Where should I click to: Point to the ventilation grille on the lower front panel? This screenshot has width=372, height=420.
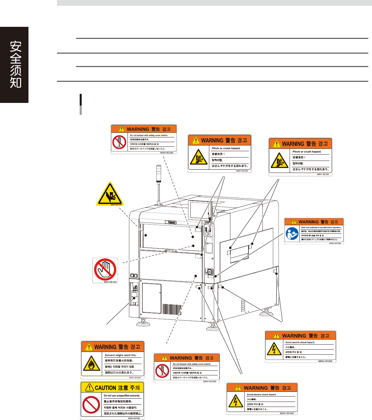point(172,309)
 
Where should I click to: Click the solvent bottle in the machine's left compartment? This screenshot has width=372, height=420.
point(134,296)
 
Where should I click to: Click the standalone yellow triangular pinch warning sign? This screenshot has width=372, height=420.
point(110,194)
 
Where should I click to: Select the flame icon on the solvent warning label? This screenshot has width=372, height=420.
point(92,364)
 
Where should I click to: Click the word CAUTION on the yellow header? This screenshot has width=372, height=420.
point(105,388)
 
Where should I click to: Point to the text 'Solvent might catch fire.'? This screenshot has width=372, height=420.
point(121,355)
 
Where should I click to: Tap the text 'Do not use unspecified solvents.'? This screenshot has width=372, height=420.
point(122,396)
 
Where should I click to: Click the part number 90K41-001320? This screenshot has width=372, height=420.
point(110,282)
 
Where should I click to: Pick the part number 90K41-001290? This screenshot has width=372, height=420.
point(335,243)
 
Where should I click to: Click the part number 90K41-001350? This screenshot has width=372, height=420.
point(134,418)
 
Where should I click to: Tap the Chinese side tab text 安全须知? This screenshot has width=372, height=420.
point(15,64)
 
